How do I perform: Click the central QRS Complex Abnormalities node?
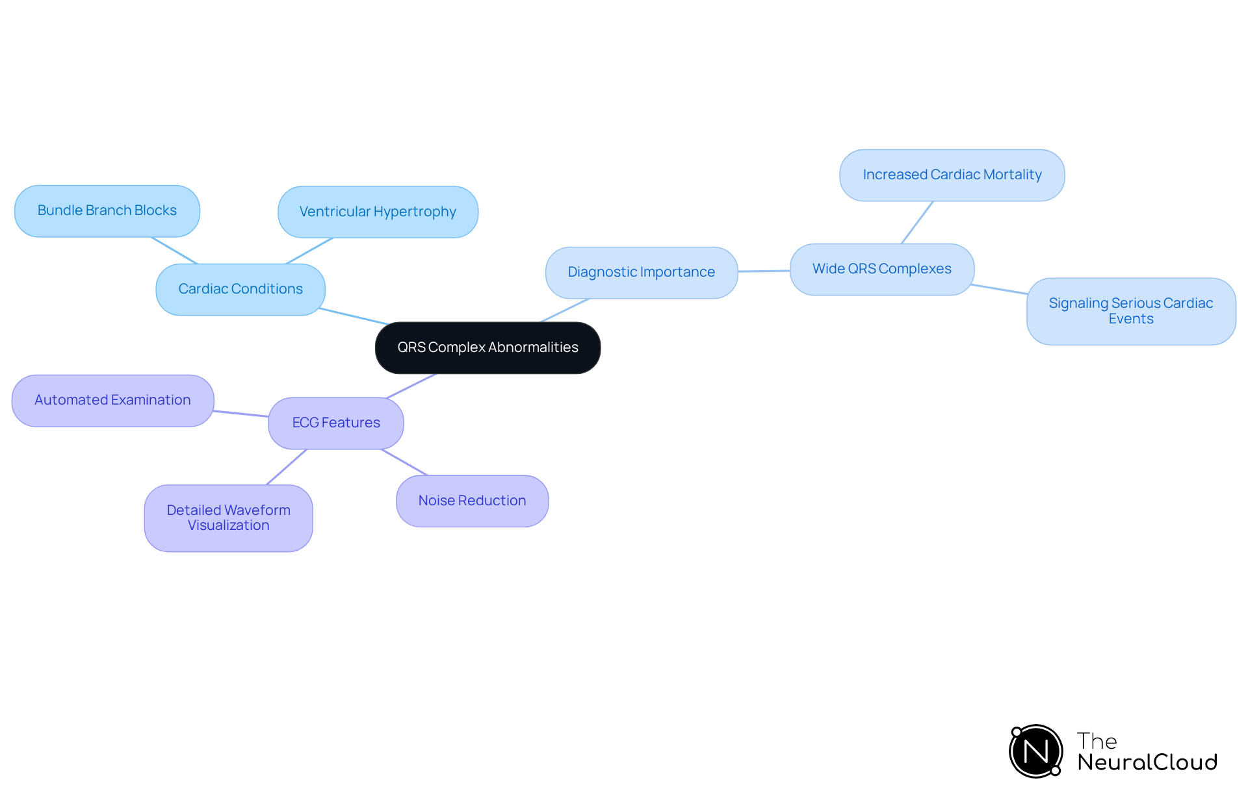point(487,347)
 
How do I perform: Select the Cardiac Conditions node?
point(240,289)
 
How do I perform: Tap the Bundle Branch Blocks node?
point(107,210)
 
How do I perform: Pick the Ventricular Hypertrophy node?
point(378,212)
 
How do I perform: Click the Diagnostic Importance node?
point(642,272)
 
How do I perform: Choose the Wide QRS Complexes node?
point(881,269)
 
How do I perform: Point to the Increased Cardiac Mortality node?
point(952,175)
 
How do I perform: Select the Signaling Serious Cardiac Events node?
point(1130,311)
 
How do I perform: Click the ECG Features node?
point(336,423)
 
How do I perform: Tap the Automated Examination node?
point(112,400)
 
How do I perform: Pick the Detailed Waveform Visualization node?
point(228,518)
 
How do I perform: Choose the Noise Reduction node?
point(472,501)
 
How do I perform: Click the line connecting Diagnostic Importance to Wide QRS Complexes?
point(764,271)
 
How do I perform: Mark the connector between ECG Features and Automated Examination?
point(241,414)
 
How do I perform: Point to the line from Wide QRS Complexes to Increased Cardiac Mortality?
point(917,222)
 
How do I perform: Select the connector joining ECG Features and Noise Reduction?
point(404,462)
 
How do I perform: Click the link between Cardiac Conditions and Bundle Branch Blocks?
point(174,250)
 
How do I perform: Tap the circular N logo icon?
point(1035,751)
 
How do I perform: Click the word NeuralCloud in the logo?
point(1147,762)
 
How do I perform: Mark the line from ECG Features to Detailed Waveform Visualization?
point(287,467)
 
